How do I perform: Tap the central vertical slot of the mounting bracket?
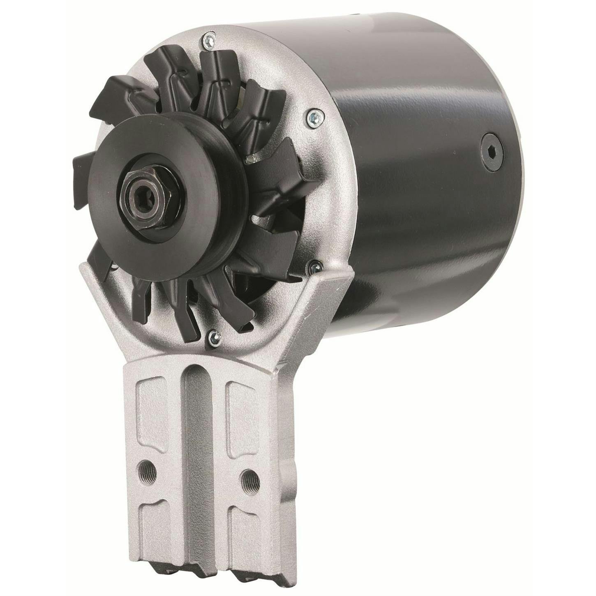pos(196,432)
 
